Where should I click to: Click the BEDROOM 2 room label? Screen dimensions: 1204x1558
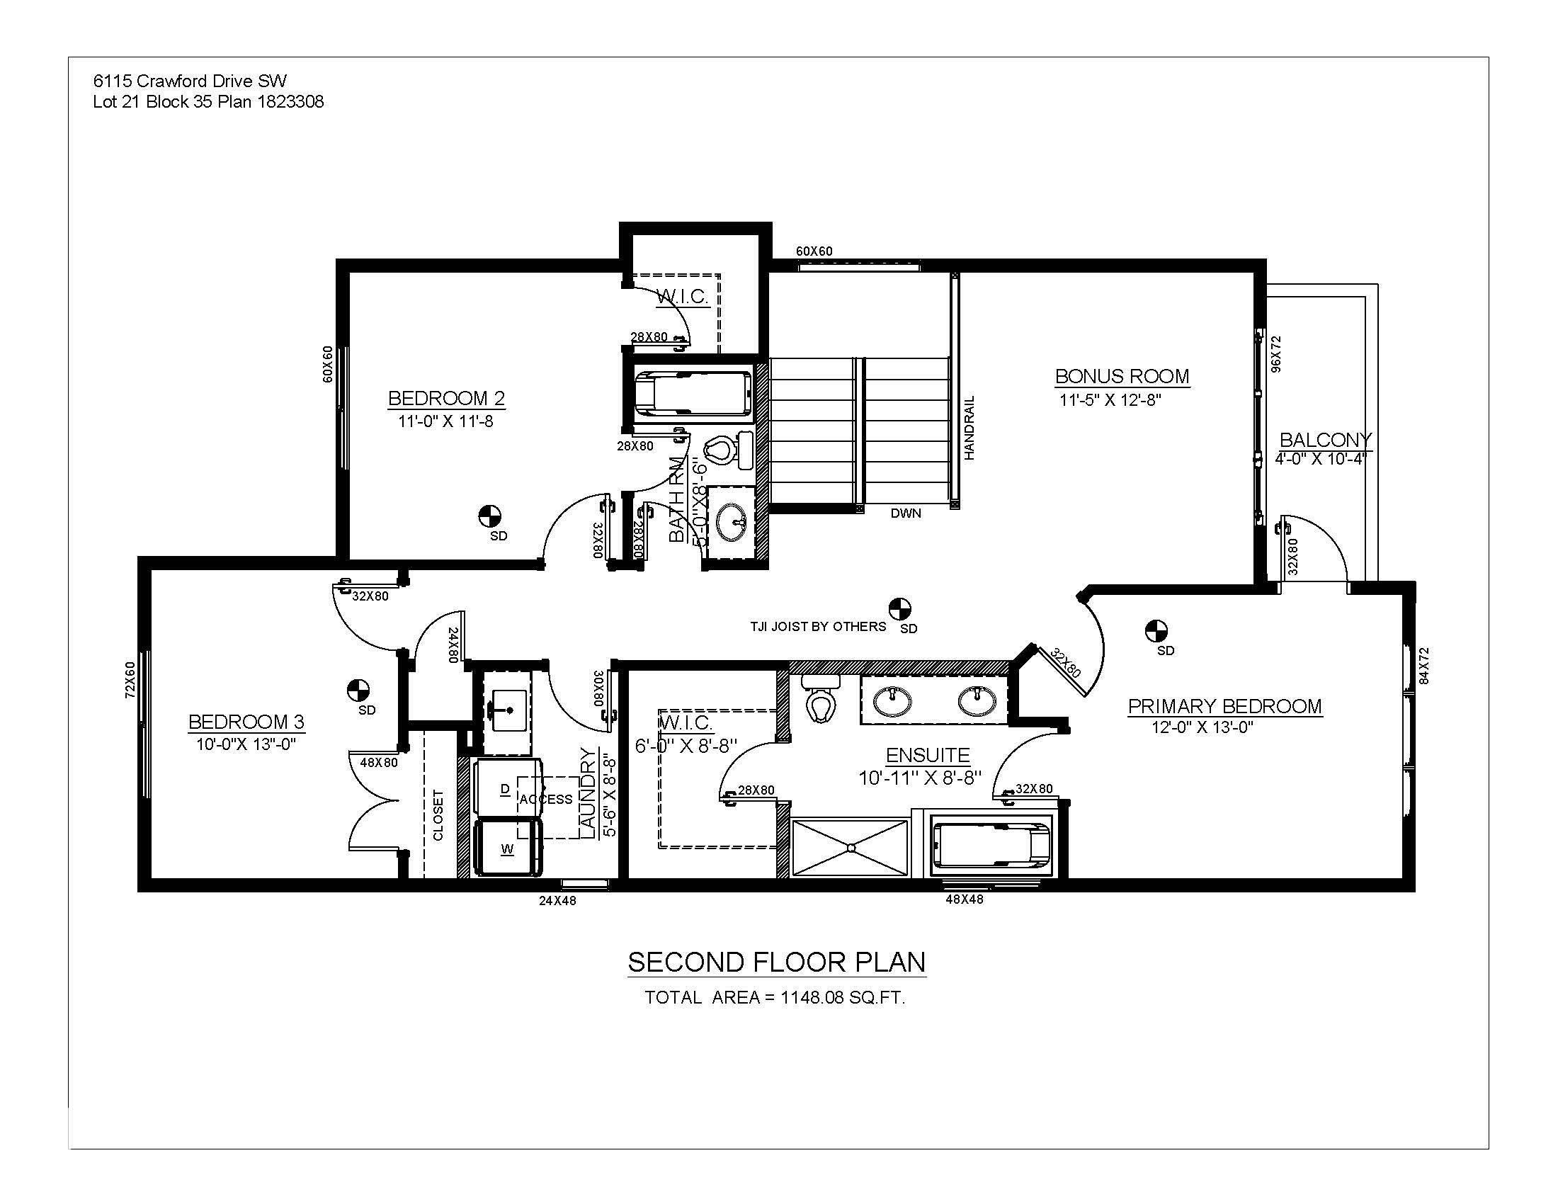pos(447,398)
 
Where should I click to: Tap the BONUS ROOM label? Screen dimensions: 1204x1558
pos(1122,376)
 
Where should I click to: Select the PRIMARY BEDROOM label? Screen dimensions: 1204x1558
pos(1225,706)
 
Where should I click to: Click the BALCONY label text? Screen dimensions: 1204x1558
pos(1326,439)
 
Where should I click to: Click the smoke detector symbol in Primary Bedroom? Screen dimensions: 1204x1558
pos(1156,631)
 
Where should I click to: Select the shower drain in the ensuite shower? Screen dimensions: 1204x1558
pos(851,847)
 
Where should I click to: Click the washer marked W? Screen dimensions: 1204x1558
pos(507,848)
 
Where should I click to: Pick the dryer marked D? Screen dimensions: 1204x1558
pos(506,788)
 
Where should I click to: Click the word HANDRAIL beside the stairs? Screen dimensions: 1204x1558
pos(970,428)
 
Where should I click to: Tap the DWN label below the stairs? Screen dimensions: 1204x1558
pos(905,513)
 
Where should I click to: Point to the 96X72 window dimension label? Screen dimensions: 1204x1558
pos(1276,354)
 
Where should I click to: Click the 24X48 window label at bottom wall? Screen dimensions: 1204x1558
pos(557,901)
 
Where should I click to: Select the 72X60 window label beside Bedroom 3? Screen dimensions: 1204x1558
pos(130,680)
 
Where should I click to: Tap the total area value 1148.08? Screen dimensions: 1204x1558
pos(812,998)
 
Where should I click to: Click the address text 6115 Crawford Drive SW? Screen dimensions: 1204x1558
pos(190,81)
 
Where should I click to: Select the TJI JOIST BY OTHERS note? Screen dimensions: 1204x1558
pos(817,626)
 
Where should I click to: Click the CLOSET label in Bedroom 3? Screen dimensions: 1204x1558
pos(438,814)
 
